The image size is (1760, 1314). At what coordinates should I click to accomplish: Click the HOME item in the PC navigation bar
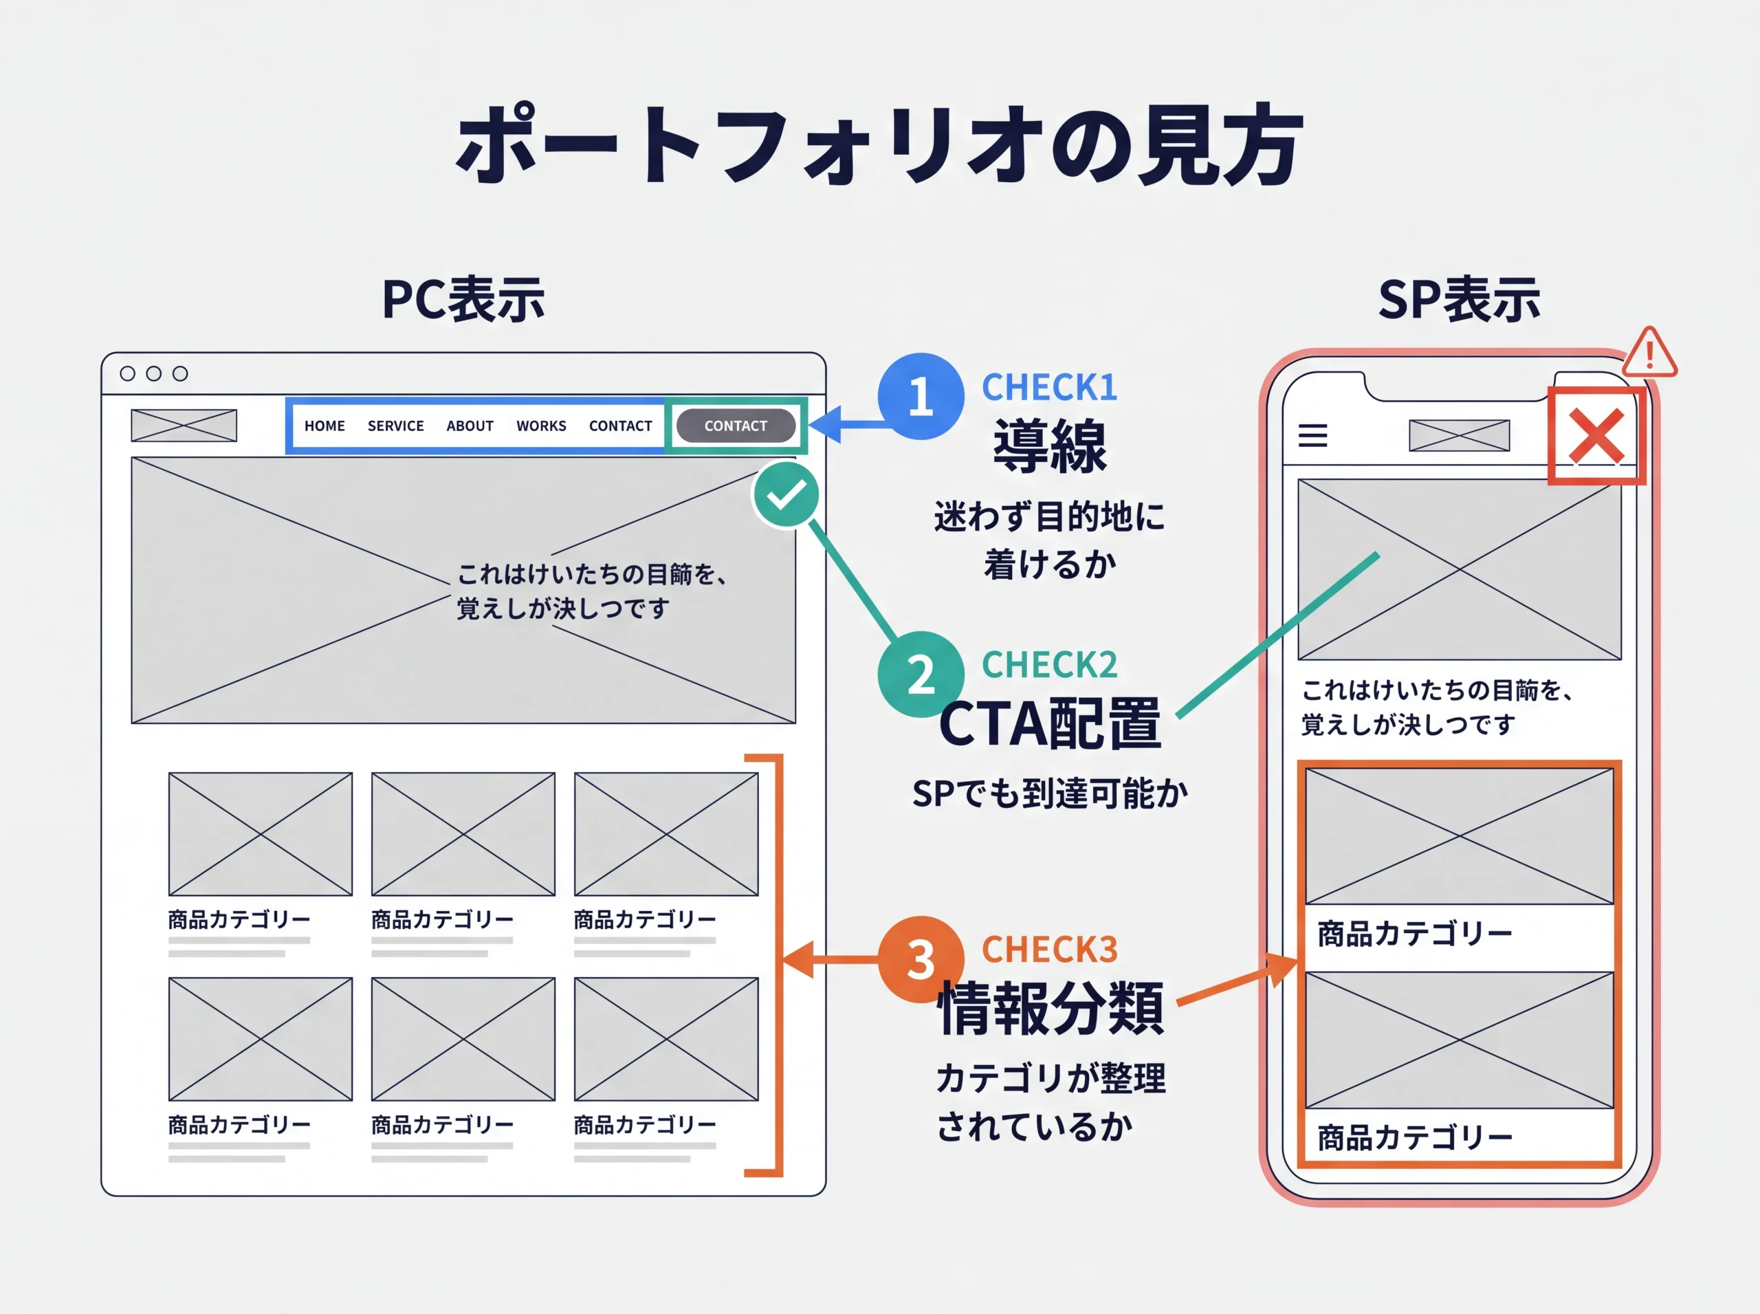click(324, 426)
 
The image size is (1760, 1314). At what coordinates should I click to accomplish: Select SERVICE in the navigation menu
click(395, 426)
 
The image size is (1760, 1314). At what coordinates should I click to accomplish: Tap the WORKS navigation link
click(541, 426)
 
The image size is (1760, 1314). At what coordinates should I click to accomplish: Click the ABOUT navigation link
click(470, 426)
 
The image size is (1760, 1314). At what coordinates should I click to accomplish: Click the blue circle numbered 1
click(920, 396)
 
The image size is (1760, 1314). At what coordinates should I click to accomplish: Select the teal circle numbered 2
click(920, 674)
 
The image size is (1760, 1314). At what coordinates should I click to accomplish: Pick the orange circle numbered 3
click(920, 959)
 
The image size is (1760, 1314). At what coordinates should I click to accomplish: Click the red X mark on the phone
click(1596, 436)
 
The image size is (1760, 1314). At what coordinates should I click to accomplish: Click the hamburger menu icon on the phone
click(1312, 435)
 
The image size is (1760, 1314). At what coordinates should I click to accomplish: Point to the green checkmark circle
click(786, 495)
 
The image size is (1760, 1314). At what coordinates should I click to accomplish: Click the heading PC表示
click(463, 300)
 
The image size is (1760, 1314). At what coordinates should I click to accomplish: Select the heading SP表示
click(1459, 300)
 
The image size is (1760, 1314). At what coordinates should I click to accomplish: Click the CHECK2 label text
click(1049, 665)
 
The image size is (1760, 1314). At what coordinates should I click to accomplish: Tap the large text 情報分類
click(1050, 1008)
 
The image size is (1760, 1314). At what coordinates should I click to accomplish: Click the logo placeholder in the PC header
click(184, 426)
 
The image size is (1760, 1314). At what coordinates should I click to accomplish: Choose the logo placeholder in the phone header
click(1459, 435)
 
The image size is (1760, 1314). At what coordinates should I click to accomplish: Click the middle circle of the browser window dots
click(153, 373)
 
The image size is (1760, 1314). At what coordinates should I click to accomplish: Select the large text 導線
click(1049, 446)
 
